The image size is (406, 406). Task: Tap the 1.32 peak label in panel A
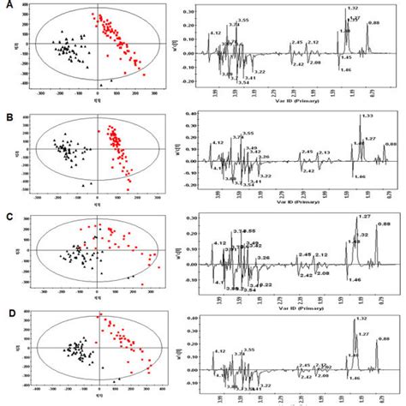tap(352, 9)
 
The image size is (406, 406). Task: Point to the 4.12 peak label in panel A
tap(216, 32)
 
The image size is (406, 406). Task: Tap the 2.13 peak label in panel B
tap(324, 152)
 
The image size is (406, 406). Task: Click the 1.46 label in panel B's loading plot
tap(359, 176)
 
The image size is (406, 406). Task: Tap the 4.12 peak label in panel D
tap(219, 351)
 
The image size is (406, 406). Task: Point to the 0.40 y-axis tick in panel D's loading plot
tap(194, 318)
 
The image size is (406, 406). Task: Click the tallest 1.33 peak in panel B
tap(361, 124)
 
